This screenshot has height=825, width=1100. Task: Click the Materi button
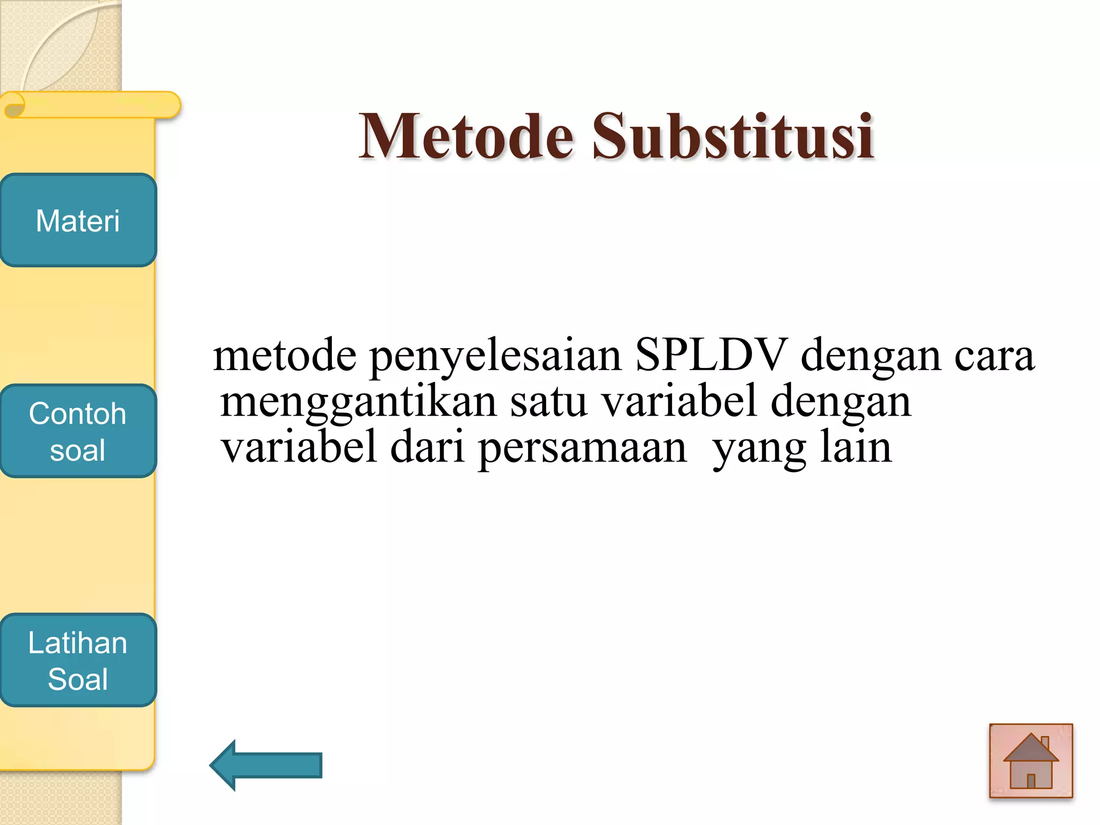pyautogui.click(x=78, y=220)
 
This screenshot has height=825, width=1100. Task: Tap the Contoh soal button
pyautogui.click(x=78, y=431)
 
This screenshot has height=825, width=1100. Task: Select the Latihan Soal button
pyautogui.click(x=78, y=660)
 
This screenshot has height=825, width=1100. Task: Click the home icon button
pyautogui.click(x=1031, y=761)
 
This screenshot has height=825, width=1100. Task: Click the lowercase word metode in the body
pyautogui.click(x=285, y=356)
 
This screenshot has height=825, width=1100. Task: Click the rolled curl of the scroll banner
pyautogui.click(x=15, y=105)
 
